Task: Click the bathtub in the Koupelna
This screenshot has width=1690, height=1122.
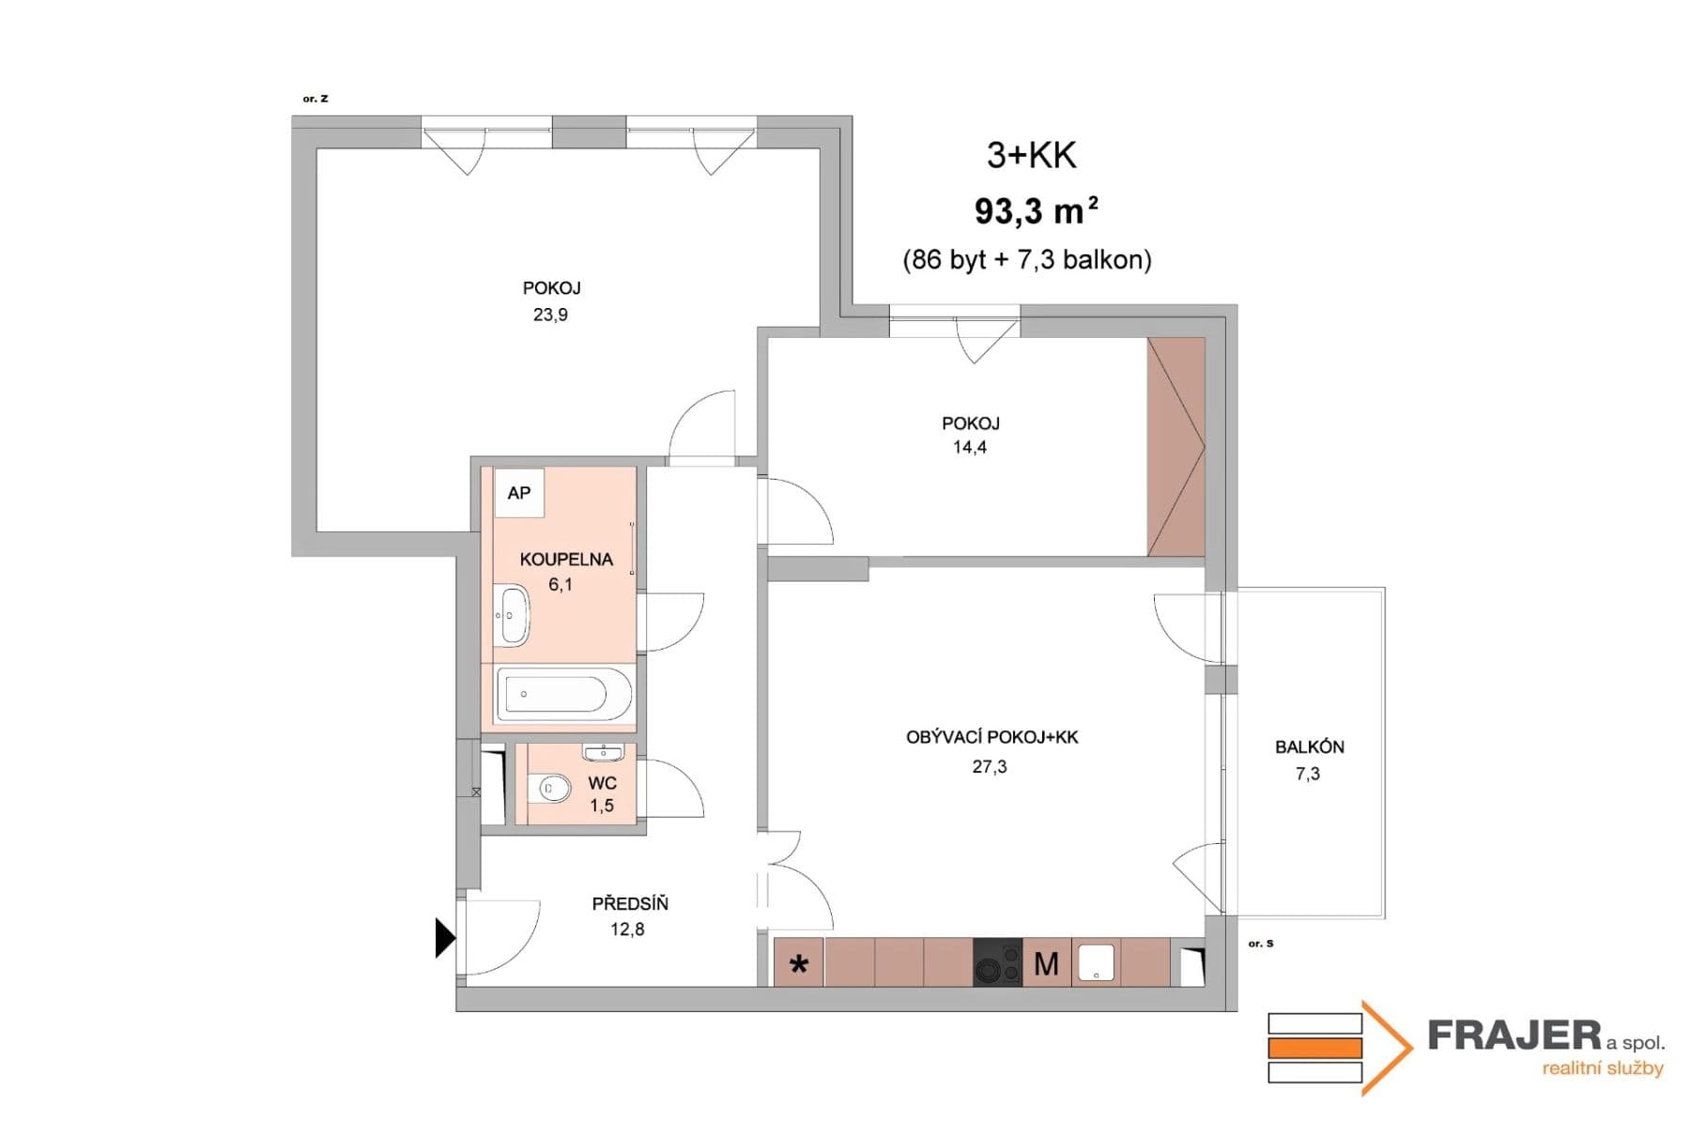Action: (563, 694)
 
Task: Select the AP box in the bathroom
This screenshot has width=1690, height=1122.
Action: (518, 493)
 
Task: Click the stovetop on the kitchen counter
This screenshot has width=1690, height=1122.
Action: (997, 962)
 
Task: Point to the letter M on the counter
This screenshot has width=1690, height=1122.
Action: (1046, 963)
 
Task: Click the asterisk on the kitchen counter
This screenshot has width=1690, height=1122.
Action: (799, 964)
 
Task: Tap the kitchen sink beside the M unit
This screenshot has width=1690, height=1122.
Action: (1096, 962)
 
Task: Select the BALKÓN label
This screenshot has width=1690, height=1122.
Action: (1309, 747)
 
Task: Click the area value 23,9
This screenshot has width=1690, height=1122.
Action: (550, 315)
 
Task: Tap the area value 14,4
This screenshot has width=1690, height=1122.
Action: (969, 448)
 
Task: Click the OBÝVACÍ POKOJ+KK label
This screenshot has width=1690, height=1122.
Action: (991, 738)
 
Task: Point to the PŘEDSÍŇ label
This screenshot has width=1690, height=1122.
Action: (629, 904)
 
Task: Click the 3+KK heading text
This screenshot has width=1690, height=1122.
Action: (1031, 156)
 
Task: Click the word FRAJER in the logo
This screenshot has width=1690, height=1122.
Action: (1513, 1037)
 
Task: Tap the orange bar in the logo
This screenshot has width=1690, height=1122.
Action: (1314, 1048)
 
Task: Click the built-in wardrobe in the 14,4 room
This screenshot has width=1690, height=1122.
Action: (1175, 447)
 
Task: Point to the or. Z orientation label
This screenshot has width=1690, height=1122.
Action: (315, 99)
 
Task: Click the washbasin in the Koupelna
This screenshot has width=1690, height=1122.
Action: (512, 615)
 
